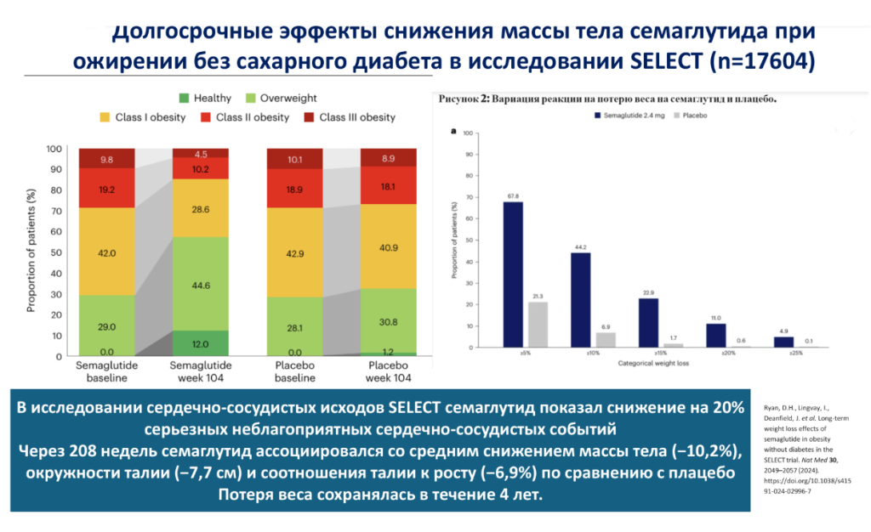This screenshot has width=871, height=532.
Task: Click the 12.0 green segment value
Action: tap(201, 343)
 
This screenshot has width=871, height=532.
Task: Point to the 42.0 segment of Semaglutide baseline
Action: tap(107, 252)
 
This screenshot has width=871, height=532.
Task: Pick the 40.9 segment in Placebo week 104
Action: tap(389, 247)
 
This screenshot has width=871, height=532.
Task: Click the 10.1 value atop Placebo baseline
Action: tap(295, 159)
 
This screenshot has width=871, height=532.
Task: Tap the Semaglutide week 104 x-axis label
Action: tap(201, 371)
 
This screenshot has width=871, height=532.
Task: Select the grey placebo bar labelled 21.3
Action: tap(538, 325)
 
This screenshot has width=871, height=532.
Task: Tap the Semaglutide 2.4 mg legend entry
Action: tap(505, 113)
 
